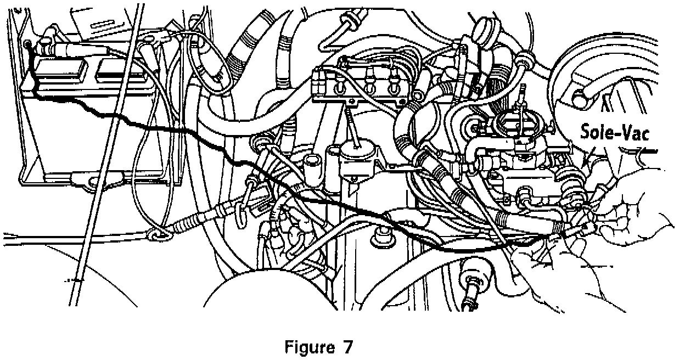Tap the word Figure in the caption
(x=308, y=347)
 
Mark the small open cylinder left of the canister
(x=313, y=161)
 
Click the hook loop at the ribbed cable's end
(x=159, y=235)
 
